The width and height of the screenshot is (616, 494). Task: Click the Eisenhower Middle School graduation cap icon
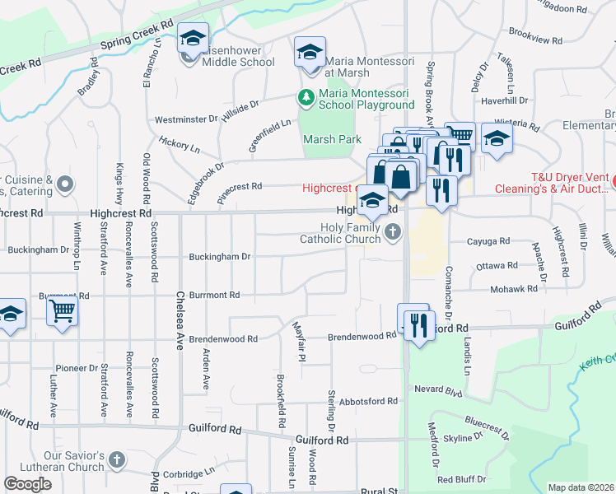point(194,39)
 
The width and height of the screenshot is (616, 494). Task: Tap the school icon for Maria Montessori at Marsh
point(310,54)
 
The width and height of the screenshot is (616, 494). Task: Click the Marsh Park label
point(332,139)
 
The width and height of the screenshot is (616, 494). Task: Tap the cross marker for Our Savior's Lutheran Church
point(117,460)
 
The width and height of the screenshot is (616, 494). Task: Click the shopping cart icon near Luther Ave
point(62,313)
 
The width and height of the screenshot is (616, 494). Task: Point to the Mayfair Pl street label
point(301,355)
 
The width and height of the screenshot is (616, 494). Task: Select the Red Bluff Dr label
point(461,479)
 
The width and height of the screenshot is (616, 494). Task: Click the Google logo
point(28,484)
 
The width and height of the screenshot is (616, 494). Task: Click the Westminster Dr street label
point(184,119)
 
